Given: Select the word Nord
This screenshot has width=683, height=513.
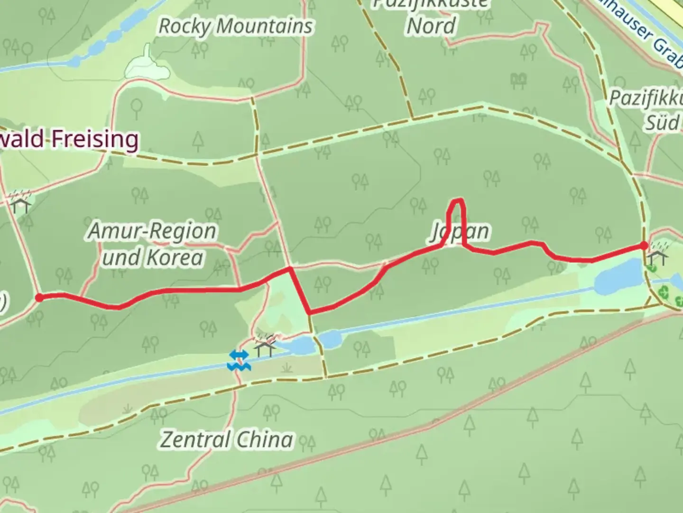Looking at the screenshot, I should click(431, 26).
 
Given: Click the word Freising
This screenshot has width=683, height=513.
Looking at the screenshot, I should click(94, 139).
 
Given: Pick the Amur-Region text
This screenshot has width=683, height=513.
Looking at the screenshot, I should click(152, 231).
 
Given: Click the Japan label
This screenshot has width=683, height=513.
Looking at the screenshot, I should click(460, 232).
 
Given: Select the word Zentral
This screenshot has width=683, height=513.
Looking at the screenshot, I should click(195, 440).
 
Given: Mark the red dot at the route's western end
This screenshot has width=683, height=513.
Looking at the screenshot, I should click(40, 297).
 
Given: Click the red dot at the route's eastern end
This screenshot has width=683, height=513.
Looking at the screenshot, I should click(644, 246).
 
